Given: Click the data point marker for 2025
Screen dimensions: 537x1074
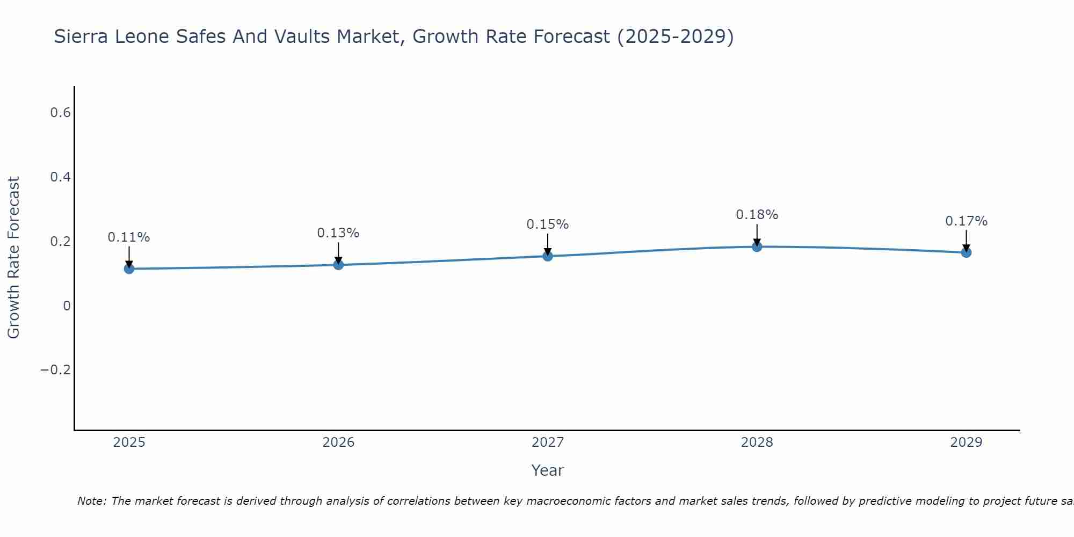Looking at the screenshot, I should pyautogui.click(x=129, y=268).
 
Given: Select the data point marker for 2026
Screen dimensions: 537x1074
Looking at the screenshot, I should pyautogui.click(x=338, y=264).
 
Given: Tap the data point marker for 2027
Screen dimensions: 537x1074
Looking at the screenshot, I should pyautogui.click(x=548, y=256).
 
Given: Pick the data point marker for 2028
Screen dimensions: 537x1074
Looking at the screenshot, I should pyautogui.click(x=757, y=246).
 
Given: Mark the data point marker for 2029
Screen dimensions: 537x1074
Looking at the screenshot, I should pyautogui.click(x=966, y=252).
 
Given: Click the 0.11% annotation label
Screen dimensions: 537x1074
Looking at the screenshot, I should pyautogui.click(x=129, y=237).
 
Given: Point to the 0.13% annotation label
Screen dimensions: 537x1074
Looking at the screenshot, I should pyautogui.click(x=338, y=233).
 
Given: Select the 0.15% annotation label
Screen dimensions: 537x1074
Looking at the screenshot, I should pyautogui.click(x=548, y=224).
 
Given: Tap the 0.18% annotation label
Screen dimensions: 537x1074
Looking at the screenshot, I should pyautogui.click(x=757, y=215).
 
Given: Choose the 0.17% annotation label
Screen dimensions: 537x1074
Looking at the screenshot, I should pyautogui.click(x=966, y=221).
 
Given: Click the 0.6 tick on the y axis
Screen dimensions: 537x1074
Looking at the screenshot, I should pyautogui.click(x=60, y=113).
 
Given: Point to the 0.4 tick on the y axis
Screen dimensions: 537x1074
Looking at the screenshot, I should pyautogui.click(x=60, y=177).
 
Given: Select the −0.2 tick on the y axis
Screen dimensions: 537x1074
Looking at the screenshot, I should pyautogui.click(x=56, y=370).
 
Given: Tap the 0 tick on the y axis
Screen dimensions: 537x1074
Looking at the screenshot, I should pyautogui.click(x=67, y=306).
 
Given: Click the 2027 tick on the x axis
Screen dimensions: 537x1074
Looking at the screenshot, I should pyautogui.click(x=548, y=442).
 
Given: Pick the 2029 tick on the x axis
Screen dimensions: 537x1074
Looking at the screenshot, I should pyautogui.click(x=966, y=442).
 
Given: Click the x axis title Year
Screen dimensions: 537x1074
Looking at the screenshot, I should pyautogui.click(x=548, y=470).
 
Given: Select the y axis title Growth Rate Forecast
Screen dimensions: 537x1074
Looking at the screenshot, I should pyautogui.click(x=14, y=258).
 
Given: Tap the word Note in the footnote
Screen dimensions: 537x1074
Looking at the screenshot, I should pyautogui.click(x=91, y=501).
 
